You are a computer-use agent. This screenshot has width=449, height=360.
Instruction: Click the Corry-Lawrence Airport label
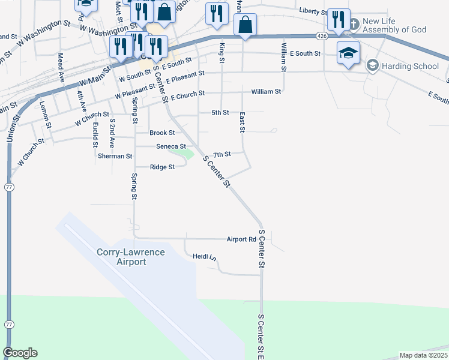tap(130, 257)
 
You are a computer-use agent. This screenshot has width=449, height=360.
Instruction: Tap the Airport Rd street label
tap(241, 239)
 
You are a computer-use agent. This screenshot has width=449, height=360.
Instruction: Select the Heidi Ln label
tap(204, 257)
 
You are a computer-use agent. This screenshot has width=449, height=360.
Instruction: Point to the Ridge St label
tap(162, 167)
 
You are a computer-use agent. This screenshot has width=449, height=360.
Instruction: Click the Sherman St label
tap(115, 156)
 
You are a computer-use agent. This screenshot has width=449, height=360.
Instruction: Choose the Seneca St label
tap(171, 146)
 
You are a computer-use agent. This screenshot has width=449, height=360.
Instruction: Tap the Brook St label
tap(162, 133)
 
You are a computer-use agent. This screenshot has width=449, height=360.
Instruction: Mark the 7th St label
tap(222, 155)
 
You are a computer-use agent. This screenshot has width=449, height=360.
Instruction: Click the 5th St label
tap(221, 113)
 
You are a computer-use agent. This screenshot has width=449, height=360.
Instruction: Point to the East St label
tap(243, 122)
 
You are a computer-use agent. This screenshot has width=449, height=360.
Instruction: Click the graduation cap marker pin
tap(348, 53)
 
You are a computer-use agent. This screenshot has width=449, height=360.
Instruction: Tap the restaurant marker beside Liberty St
tap(339, 19)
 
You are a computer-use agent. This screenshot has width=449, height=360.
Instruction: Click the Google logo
tap(20, 353)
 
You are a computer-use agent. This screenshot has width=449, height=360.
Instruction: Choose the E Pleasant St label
tap(185, 77)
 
